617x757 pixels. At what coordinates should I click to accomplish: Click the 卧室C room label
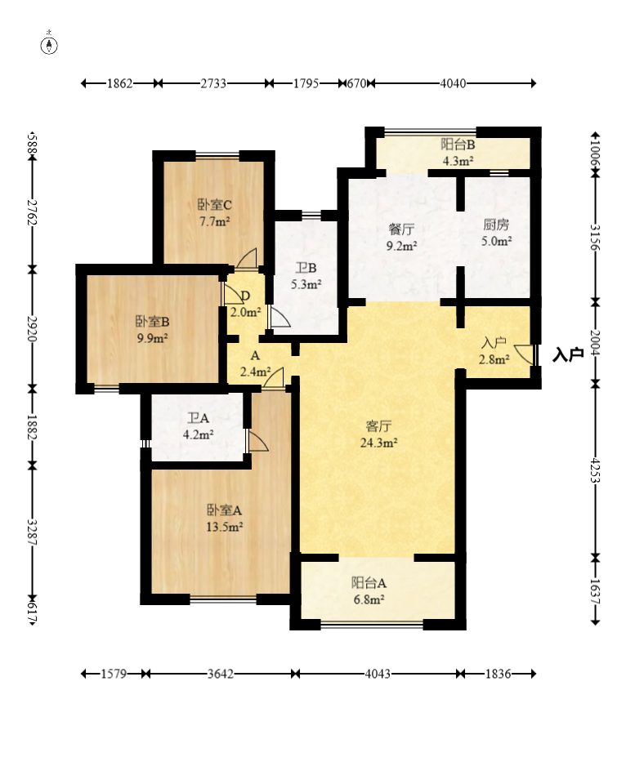215,205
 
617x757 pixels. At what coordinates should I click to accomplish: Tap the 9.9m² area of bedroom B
152,338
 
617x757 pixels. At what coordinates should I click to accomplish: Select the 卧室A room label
224,510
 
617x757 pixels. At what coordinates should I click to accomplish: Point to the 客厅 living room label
379,426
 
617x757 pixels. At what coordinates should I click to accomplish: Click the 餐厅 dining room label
401,229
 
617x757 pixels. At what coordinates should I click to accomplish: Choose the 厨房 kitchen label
496,225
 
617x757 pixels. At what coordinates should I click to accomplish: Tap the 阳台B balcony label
458,145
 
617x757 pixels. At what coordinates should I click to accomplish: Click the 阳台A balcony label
369,583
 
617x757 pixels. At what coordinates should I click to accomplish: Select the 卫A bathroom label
198,418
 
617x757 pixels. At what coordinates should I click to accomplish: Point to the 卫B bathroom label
306,268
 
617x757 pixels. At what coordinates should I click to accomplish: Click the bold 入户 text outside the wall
568,355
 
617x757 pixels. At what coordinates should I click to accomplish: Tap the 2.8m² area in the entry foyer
494,359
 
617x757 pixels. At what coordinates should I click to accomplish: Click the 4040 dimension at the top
453,83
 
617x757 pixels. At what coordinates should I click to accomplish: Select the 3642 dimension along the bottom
221,674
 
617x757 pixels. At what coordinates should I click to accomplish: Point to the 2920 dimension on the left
32,329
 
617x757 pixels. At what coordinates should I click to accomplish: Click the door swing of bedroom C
247,258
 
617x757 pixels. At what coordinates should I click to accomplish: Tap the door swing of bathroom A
257,441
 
